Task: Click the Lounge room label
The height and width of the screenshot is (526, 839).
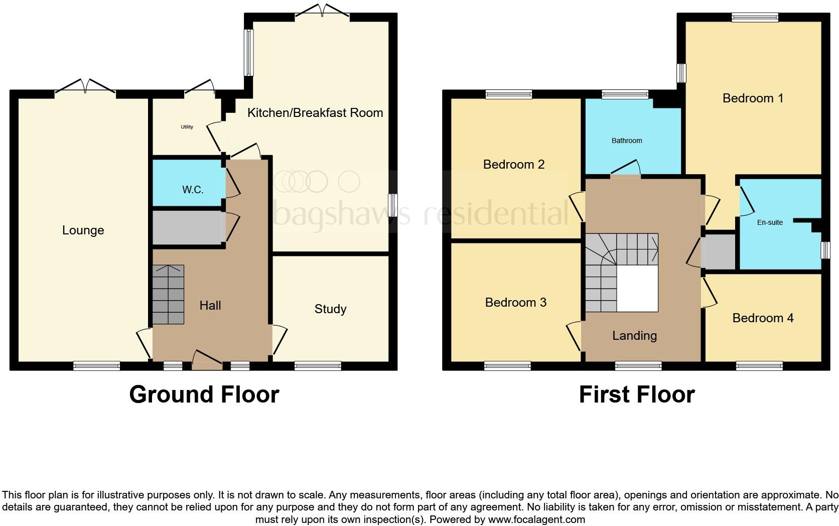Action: click(x=83, y=230)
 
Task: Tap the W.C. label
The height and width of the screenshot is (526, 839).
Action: click(x=193, y=190)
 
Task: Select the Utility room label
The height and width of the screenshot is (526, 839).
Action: click(x=187, y=127)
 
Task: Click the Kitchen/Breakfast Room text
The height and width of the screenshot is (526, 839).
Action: click(x=315, y=113)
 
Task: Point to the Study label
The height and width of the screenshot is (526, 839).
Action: click(x=330, y=309)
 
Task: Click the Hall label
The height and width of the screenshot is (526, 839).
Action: click(x=210, y=306)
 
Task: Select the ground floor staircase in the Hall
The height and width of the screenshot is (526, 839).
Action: click(x=168, y=295)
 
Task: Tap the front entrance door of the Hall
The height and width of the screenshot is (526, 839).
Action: click(x=207, y=362)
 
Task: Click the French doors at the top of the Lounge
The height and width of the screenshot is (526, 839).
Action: click(x=85, y=87)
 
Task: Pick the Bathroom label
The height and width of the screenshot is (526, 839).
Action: click(x=627, y=141)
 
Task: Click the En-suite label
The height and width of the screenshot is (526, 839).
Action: click(x=770, y=222)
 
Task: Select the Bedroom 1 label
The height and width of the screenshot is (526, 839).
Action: click(x=753, y=98)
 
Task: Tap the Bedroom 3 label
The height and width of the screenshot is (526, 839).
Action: click(x=515, y=303)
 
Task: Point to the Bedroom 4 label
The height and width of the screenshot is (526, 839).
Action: click(x=763, y=318)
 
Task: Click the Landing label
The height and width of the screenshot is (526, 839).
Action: click(x=634, y=336)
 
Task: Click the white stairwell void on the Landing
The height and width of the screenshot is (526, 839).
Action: click(x=637, y=289)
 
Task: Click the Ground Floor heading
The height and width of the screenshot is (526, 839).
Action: click(x=204, y=394)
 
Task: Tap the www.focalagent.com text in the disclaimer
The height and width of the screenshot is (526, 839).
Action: click(x=536, y=519)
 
